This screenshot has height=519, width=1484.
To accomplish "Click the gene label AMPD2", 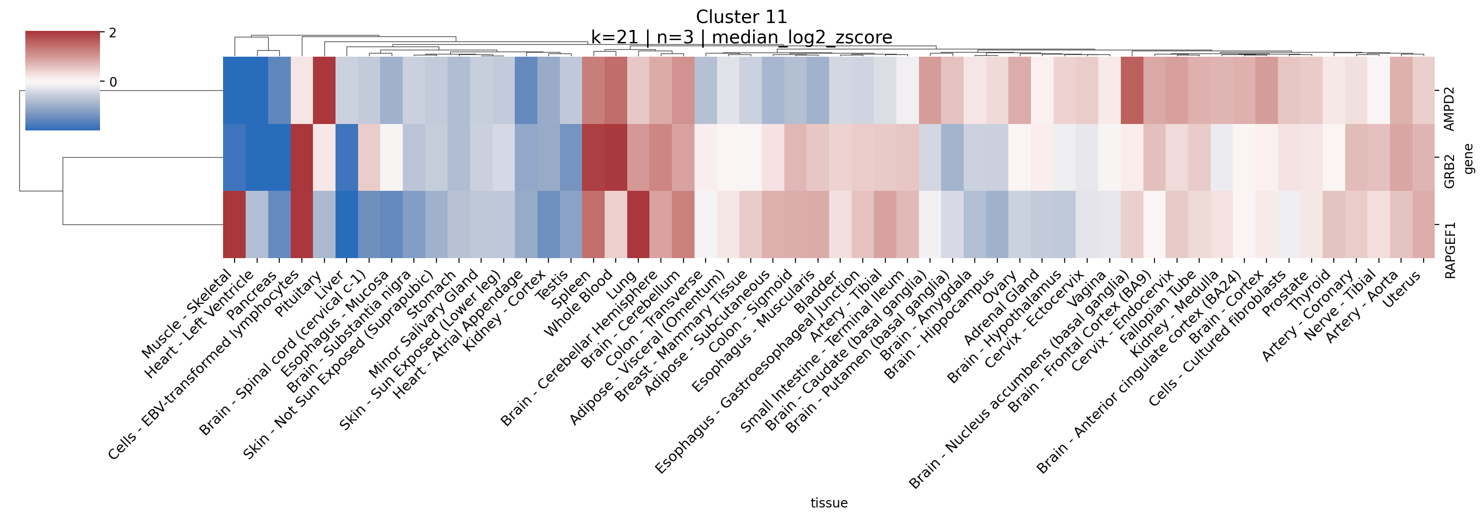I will [x=1449, y=109].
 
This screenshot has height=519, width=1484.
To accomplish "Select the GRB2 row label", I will [x=1449, y=171].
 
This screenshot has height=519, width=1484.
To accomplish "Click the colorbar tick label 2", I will [x=112, y=33].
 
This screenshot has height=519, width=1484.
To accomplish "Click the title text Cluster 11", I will [x=741, y=17].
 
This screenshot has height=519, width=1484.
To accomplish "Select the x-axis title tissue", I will [x=829, y=503].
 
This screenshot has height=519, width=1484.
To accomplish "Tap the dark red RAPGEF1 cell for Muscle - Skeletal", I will [x=235, y=224].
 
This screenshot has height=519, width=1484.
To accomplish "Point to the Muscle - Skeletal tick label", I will [x=187, y=314].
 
